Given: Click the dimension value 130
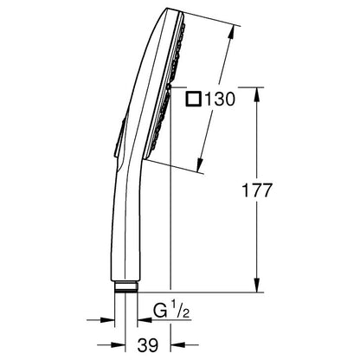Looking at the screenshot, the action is (220, 100).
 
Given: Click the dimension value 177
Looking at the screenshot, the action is (257, 190).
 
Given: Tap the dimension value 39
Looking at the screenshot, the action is (148, 345).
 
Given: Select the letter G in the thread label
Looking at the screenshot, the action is (160, 311).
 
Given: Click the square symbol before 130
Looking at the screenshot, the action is (193, 99).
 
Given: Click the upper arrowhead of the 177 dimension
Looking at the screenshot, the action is (256, 94).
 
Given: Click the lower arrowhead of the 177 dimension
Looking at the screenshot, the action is (256, 285).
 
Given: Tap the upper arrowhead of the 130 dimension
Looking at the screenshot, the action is (231, 33).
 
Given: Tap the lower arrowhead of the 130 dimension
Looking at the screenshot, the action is (200, 165).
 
